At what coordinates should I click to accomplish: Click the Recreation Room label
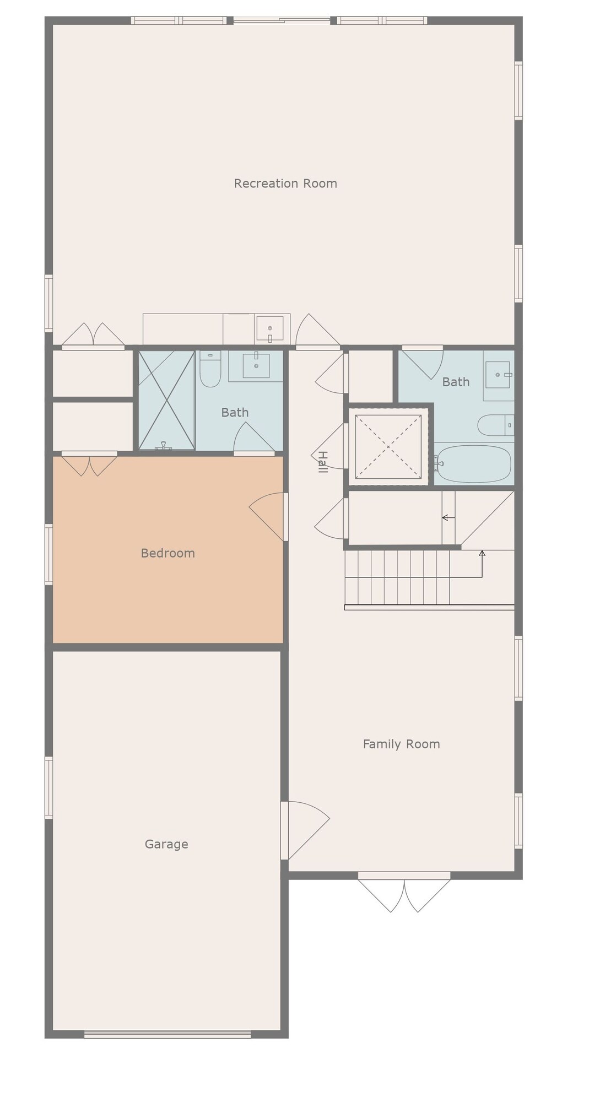(x=285, y=183)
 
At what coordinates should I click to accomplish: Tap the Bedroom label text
(x=167, y=553)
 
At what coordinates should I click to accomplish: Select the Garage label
(x=166, y=844)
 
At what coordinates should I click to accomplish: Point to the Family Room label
(x=401, y=744)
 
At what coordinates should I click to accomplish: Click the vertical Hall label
(x=323, y=462)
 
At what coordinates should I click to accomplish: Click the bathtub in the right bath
(x=474, y=464)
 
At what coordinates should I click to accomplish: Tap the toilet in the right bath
(x=494, y=425)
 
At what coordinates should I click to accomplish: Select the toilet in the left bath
(x=210, y=370)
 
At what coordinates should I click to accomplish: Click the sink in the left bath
(x=256, y=365)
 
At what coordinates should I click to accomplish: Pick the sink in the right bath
(x=498, y=375)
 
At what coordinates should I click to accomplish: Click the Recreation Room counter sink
(x=269, y=329)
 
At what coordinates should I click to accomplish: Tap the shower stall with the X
(x=166, y=401)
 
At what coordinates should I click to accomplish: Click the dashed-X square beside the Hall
(x=388, y=446)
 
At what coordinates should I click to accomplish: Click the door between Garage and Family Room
(x=303, y=830)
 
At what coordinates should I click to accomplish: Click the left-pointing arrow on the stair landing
(x=448, y=518)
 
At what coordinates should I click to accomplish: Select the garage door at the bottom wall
(x=167, y=1034)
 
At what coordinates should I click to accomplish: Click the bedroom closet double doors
(x=89, y=464)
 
